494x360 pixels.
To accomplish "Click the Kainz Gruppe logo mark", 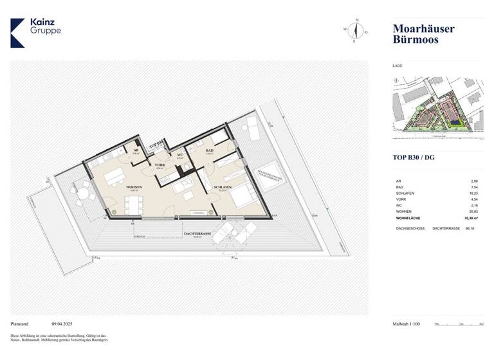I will click(18, 33).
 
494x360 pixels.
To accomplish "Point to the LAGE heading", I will click(398, 66).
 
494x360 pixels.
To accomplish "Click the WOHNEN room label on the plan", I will click(134, 187).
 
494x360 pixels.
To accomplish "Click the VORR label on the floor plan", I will click(159, 165).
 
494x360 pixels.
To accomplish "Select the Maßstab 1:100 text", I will click(406, 324).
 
